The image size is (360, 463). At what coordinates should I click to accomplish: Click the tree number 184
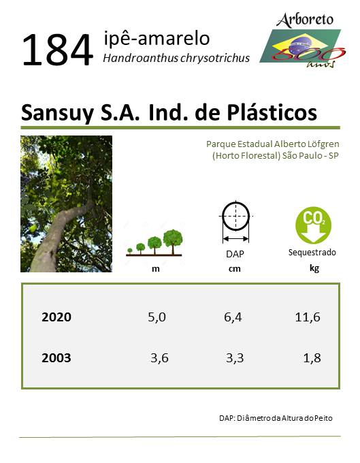point(58,50)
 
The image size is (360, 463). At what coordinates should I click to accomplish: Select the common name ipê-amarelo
point(157,38)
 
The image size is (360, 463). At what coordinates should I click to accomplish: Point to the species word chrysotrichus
point(215,58)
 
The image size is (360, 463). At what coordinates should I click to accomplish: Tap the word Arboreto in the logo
point(305,20)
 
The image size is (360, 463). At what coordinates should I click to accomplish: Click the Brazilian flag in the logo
point(300,46)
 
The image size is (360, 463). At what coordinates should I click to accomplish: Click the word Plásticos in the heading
point(272,112)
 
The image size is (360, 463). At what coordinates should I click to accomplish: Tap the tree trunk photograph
point(67,204)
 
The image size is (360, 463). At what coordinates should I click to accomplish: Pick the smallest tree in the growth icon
point(129,251)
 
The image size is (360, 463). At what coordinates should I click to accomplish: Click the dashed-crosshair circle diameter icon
point(235,222)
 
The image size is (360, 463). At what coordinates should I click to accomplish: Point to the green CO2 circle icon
point(313,225)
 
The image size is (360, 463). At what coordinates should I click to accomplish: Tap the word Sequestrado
point(312,253)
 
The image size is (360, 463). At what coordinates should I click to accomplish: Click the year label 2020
point(56,317)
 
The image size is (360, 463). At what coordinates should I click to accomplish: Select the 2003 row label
point(56,358)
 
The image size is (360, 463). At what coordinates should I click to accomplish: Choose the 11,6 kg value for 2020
point(308,317)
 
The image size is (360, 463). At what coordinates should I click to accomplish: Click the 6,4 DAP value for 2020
point(233,317)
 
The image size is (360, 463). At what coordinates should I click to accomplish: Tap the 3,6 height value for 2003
point(159,358)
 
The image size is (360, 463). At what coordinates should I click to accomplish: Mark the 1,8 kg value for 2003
point(312,358)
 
